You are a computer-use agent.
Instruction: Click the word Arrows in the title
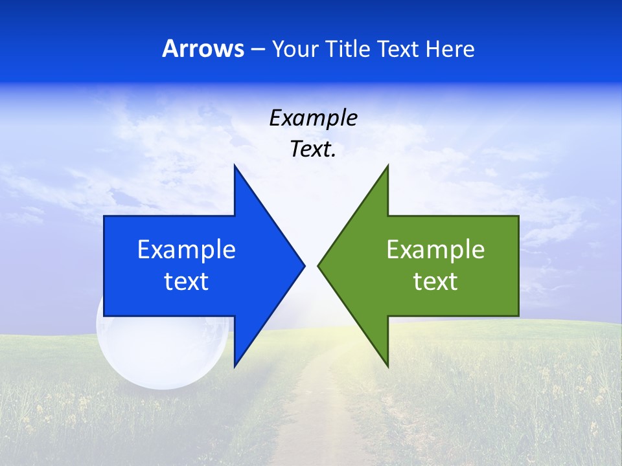(x=203, y=49)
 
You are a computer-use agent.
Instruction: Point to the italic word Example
(x=313, y=118)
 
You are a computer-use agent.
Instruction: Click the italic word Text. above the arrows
(x=313, y=150)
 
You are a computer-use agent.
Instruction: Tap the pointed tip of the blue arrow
(x=305, y=265)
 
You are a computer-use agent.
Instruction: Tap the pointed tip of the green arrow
(x=318, y=265)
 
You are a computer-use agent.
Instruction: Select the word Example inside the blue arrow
(x=186, y=250)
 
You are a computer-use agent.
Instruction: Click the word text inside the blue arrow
(x=186, y=282)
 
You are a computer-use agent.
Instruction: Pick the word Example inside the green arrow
(x=435, y=250)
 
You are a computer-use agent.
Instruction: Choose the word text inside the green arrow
(x=435, y=282)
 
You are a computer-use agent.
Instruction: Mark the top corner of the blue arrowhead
(x=235, y=166)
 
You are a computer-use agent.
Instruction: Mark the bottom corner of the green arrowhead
(x=387, y=366)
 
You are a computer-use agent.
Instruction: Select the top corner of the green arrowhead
(x=387, y=166)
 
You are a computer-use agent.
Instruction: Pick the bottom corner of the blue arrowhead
(x=235, y=366)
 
